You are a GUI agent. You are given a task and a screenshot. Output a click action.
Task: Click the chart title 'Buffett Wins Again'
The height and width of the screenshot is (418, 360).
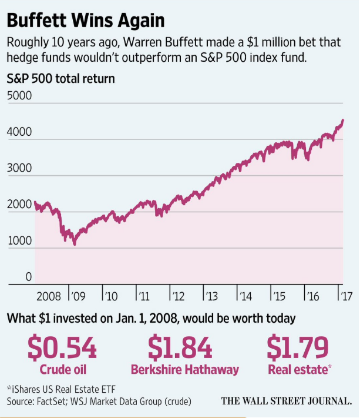86,21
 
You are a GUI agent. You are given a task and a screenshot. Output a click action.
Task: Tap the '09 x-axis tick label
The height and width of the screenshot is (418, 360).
78,295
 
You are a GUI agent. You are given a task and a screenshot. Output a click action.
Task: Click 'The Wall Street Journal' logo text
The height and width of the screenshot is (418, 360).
287,402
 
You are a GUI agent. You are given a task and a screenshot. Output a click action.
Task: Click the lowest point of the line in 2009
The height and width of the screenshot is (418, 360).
75,243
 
